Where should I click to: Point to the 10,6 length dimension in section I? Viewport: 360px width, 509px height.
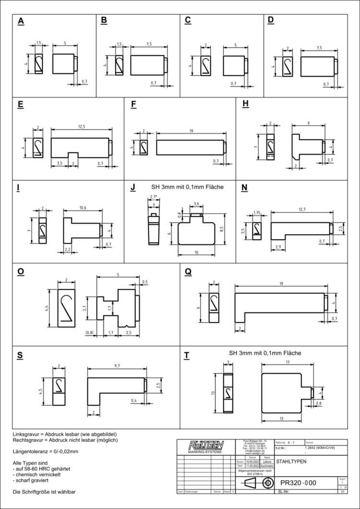(x=83, y=208)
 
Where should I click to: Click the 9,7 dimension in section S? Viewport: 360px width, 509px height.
(x=117, y=366)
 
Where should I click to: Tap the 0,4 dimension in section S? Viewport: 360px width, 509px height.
(x=133, y=400)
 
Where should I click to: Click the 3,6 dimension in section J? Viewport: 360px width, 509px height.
(x=196, y=204)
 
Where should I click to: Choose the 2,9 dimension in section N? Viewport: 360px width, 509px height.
(x=279, y=246)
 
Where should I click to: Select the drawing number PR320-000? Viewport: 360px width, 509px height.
(x=299, y=483)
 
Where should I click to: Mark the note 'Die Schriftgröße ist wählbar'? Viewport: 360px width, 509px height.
(x=44, y=491)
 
